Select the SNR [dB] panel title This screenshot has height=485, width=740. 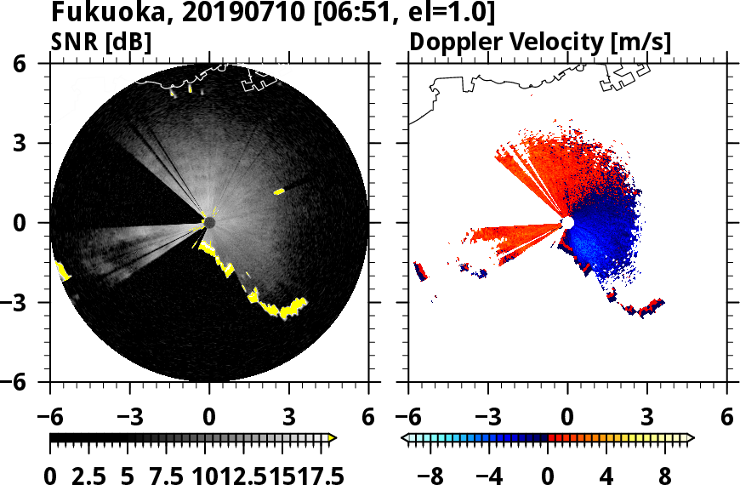101,42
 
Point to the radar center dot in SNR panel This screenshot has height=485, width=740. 209,223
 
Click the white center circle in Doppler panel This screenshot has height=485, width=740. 567,223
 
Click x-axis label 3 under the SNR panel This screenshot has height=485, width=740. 288,417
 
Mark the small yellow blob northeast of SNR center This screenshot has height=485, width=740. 278,192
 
